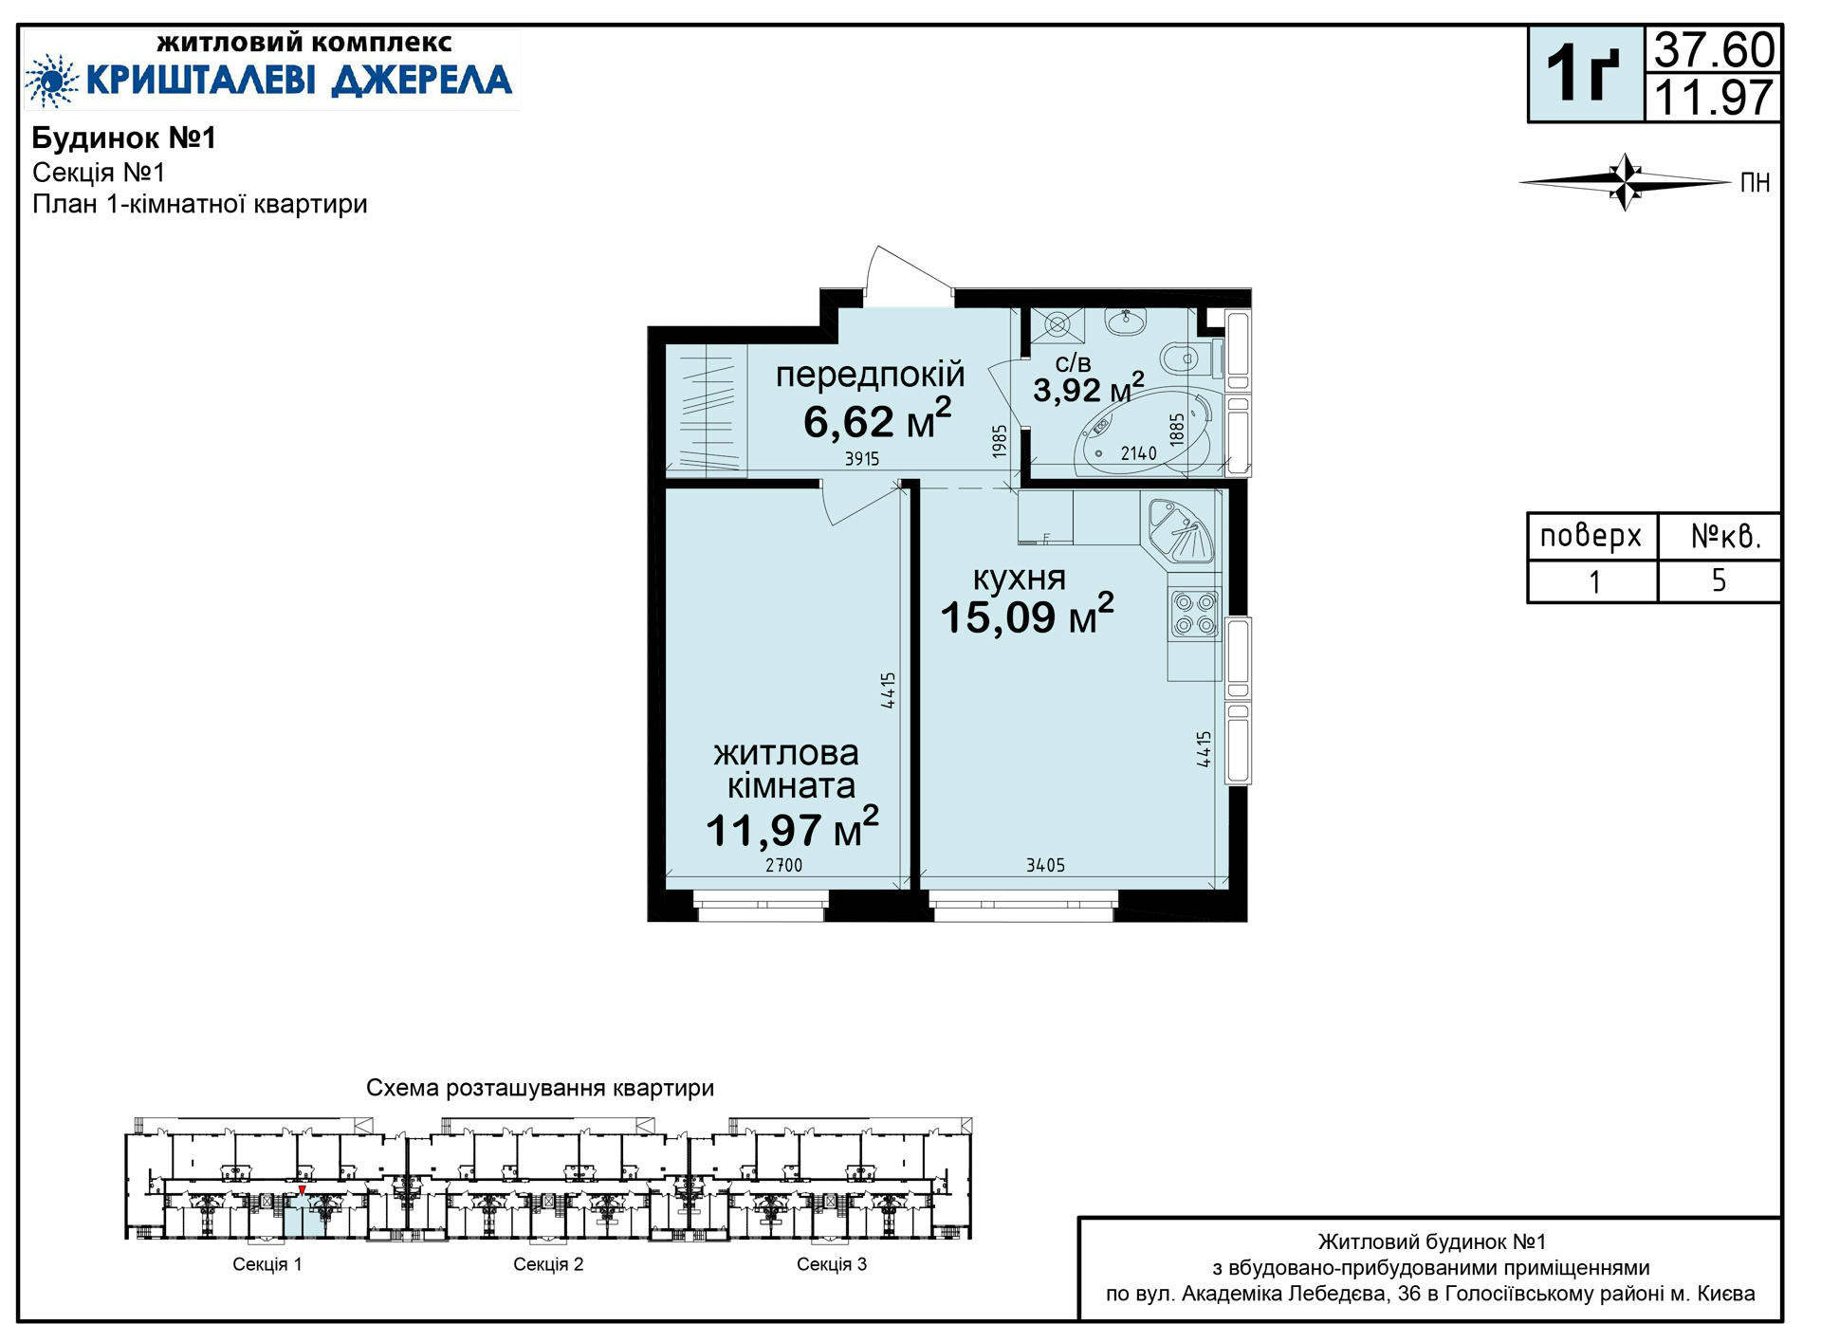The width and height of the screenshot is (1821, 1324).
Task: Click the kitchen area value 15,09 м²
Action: pos(1026,616)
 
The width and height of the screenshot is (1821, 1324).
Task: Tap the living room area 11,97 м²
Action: pos(792,828)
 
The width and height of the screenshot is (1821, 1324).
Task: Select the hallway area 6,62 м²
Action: pos(877,420)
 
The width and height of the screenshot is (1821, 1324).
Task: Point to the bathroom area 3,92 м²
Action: pos(1088,388)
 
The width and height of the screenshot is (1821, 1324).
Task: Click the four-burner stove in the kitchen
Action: pos(1194,614)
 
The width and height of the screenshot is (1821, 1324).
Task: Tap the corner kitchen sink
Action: pos(1181,530)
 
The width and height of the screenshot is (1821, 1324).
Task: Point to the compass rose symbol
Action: pos(1626,181)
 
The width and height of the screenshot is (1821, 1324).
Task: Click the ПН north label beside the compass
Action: pos(1755,183)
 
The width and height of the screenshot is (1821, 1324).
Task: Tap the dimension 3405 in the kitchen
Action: pos(1045,865)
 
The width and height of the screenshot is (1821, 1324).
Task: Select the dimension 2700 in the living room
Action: pos(783,865)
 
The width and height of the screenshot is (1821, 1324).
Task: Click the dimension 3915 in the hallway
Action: pos(862,459)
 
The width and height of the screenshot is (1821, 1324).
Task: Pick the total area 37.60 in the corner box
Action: pos(1714,50)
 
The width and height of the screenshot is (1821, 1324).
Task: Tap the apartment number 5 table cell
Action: pos(1719,580)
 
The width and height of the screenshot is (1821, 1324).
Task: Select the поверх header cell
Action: pos(1591,537)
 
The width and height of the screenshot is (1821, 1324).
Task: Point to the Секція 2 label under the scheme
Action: pos(548,1264)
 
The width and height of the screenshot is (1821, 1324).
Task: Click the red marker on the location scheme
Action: pos(302,1190)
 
